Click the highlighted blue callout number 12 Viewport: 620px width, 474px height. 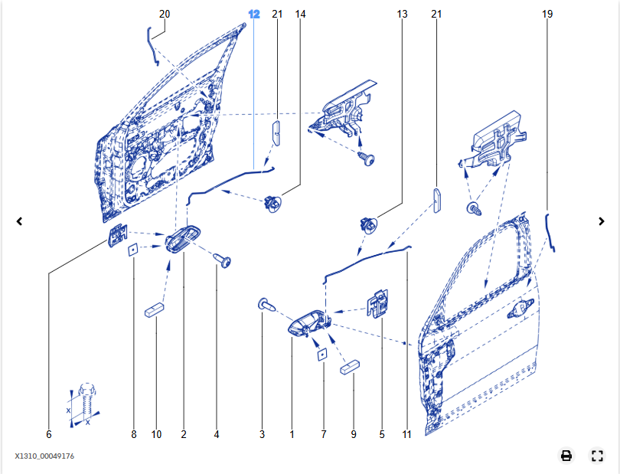pyautogui.click(x=254, y=15)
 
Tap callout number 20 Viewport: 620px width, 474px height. pyautogui.click(x=165, y=15)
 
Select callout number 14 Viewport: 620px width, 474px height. pyautogui.click(x=300, y=15)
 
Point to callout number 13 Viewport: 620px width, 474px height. pyautogui.click(x=402, y=15)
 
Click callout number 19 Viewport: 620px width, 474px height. pyautogui.click(x=547, y=15)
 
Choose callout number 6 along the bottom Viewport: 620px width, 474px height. pyautogui.click(x=49, y=434)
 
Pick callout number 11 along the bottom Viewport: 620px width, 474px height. pyautogui.click(x=407, y=434)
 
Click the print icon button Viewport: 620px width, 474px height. pyautogui.click(x=566, y=456)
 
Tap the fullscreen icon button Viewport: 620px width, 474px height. pyautogui.click(x=597, y=456)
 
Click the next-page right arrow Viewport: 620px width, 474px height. pyautogui.click(x=602, y=221)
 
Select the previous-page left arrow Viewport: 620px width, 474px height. pyautogui.click(x=19, y=221)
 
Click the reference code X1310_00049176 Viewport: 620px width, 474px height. pyautogui.click(x=44, y=456)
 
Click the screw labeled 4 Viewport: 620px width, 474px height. pyautogui.click(x=222, y=260)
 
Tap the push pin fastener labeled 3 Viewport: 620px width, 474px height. pyautogui.click(x=267, y=305)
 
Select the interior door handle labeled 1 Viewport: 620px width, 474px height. pyautogui.click(x=308, y=323)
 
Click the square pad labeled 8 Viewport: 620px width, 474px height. pyautogui.click(x=133, y=250)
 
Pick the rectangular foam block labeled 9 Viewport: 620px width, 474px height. pyautogui.click(x=350, y=367)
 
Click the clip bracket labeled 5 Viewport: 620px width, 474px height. pyautogui.click(x=378, y=302)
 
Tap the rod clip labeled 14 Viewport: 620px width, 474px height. pyautogui.click(x=272, y=203)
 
